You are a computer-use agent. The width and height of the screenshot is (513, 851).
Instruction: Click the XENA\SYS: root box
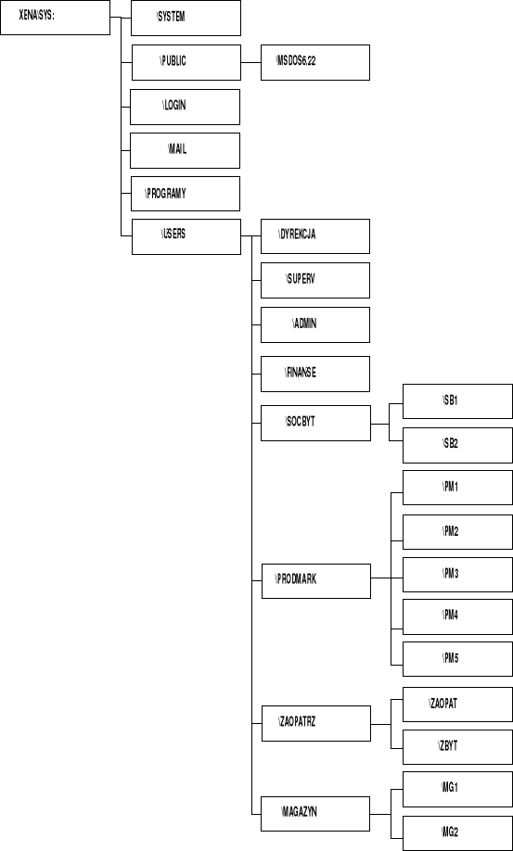click(x=55, y=18)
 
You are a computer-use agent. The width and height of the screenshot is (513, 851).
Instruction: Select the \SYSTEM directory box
click(x=186, y=18)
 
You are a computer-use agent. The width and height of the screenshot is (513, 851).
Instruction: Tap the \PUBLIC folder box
click(x=186, y=62)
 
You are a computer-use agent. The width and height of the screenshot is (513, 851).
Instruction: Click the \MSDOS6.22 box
click(x=315, y=62)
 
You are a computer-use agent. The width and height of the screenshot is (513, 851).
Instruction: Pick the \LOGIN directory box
click(x=186, y=107)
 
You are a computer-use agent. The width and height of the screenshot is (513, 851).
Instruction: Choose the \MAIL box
click(x=186, y=150)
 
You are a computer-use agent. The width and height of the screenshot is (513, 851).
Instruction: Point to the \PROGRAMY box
click(x=186, y=194)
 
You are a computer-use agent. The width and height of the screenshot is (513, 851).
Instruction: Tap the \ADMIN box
click(x=315, y=324)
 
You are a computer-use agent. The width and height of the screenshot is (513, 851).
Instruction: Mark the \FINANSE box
click(x=315, y=374)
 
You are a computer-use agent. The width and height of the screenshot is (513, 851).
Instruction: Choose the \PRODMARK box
click(x=315, y=579)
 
